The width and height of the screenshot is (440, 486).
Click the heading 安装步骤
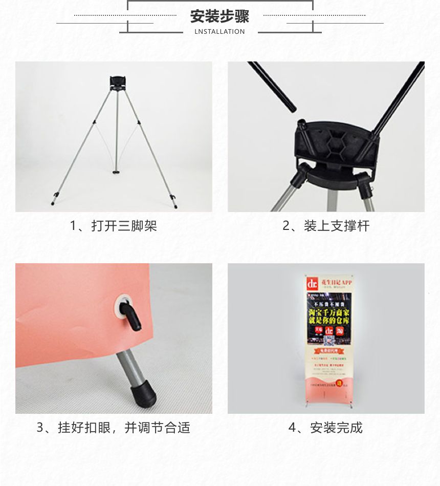click(x=219, y=16)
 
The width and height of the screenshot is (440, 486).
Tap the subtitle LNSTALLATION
click(x=219, y=32)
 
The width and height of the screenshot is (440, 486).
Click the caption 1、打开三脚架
click(x=114, y=226)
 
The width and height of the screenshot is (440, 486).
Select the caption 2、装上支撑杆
click(x=326, y=226)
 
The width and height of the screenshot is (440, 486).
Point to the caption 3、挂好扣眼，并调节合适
click(x=114, y=428)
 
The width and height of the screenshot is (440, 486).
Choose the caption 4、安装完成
click(x=326, y=428)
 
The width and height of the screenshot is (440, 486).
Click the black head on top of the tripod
click(x=117, y=82)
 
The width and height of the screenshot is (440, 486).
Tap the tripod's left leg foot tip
click(x=53, y=203)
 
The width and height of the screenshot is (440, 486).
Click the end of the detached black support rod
click(x=291, y=107)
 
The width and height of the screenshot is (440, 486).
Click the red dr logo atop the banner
click(x=312, y=283)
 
